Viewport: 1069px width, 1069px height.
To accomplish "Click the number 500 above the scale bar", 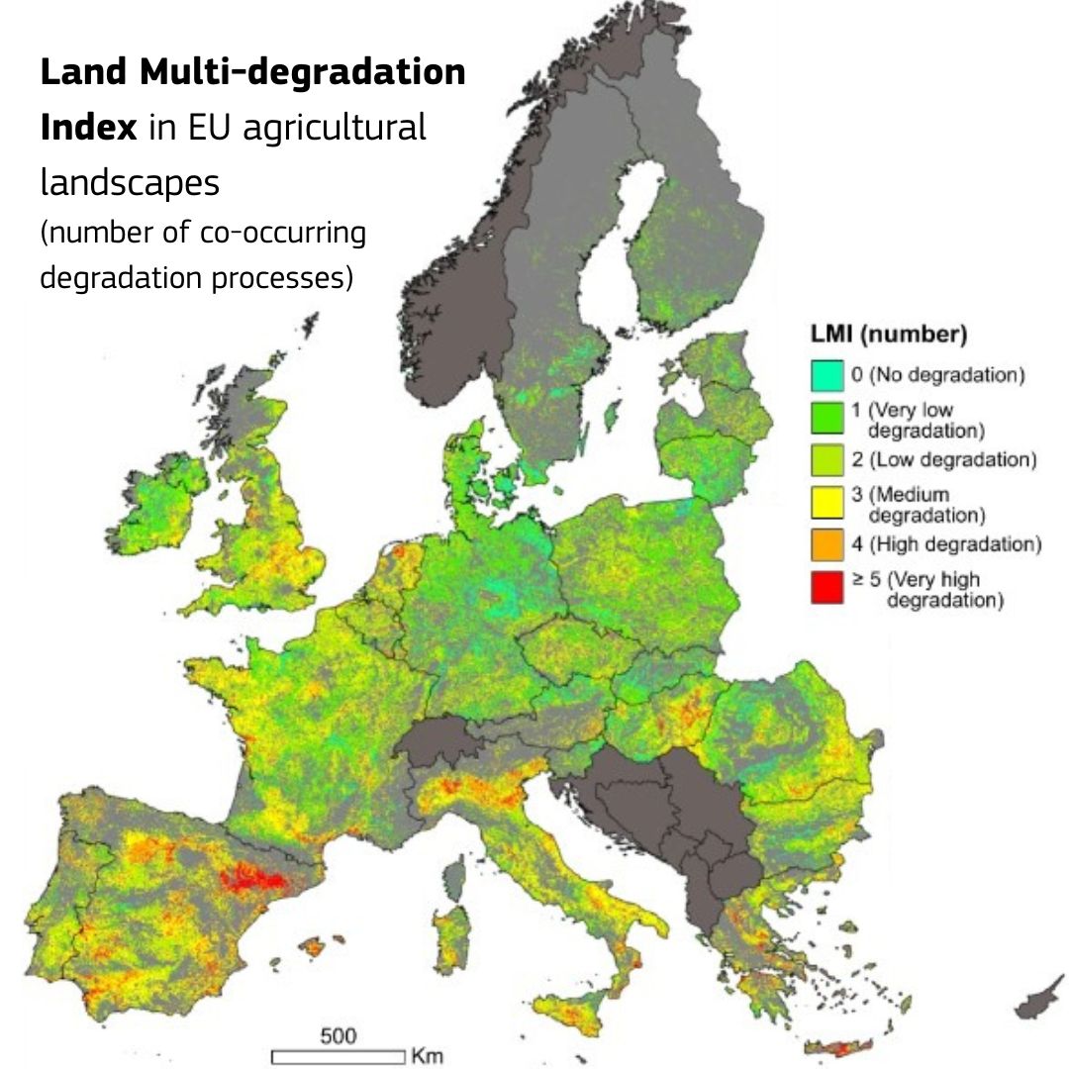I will click(338, 1036).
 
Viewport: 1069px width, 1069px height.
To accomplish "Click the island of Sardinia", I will click(452, 935).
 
